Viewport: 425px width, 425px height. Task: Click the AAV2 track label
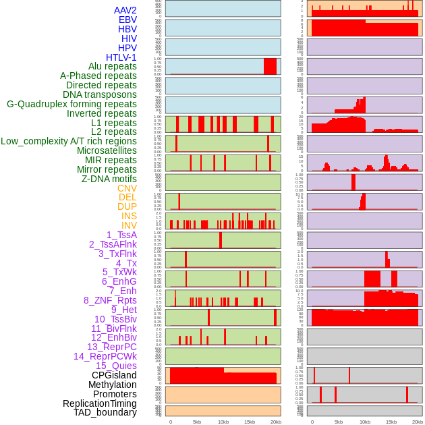(125, 10)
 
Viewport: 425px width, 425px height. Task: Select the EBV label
(128, 20)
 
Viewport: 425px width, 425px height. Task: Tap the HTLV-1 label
(121, 57)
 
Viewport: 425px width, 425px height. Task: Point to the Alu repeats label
(112, 66)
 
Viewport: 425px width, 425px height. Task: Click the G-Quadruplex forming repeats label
(72, 104)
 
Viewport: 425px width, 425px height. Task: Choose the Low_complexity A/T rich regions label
(69, 141)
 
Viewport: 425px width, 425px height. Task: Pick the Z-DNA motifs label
(109, 179)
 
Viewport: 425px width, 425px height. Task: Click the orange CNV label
(127, 188)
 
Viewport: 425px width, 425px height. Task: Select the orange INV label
(129, 225)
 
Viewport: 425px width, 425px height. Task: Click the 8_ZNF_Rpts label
(110, 300)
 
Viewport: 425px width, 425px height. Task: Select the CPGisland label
(114, 375)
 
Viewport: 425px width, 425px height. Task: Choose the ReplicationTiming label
(99, 403)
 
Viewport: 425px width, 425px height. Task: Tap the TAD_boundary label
(105, 412)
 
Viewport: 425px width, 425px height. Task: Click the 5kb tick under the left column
(197, 422)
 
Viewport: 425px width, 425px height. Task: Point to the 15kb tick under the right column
(391, 422)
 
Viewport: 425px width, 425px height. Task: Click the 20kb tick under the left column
(276, 422)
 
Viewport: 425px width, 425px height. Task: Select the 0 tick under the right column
(312, 422)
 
